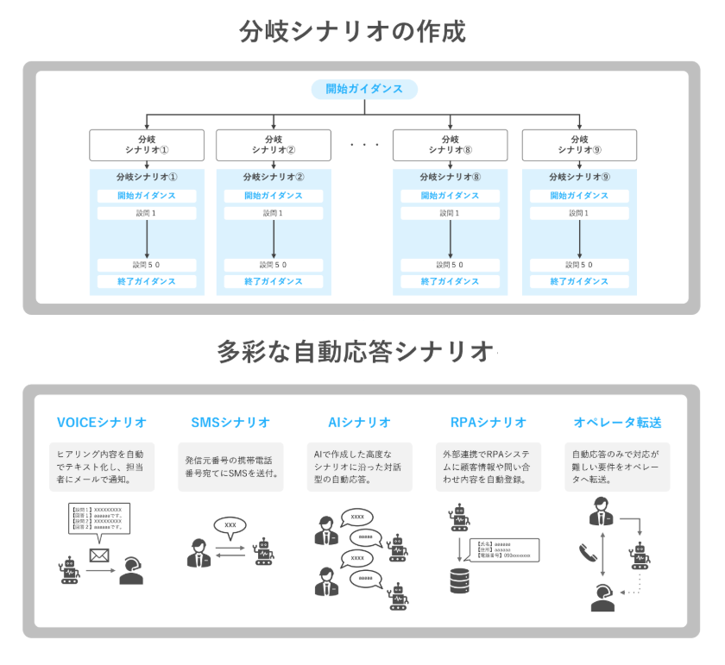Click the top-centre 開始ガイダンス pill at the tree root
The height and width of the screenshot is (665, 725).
coord(363,89)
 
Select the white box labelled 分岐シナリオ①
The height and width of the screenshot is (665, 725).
coord(147,144)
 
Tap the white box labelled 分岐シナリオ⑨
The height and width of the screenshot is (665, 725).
coord(579,144)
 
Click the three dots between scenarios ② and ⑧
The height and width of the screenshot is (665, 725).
coord(364,145)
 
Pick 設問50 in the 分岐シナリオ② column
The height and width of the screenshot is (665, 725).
coord(274,265)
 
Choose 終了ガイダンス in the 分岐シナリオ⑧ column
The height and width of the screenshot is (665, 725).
coord(450,281)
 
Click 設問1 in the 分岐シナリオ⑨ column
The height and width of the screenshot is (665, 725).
coord(579,213)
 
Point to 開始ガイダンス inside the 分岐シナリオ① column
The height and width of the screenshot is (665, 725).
coord(147,196)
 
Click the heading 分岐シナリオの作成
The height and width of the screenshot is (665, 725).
coord(352,32)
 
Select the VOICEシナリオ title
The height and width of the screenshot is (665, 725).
coord(101,423)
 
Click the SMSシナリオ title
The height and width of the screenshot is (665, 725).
coord(230,423)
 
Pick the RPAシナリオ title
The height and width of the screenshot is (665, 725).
coord(489,423)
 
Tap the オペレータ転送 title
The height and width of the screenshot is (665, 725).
coord(618,423)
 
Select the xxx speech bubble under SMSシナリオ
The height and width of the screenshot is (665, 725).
coord(230,524)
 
